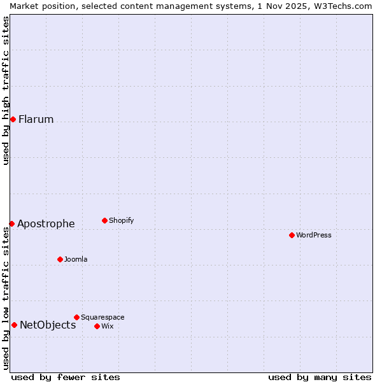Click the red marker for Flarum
point(13,119)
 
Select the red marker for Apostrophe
point(11,223)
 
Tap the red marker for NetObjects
point(14,325)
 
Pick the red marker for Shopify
point(104,220)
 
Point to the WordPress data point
point(292,235)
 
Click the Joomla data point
point(60,259)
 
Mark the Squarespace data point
point(76,317)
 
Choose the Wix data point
point(97,326)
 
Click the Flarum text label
point(36,119)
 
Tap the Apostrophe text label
point(46,223)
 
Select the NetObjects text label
point(48,325)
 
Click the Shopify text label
point(121,220)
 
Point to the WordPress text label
point(314,235)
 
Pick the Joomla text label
point(76,259)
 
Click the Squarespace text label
point(103,317)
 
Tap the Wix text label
point(107,326)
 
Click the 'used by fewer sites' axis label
point(66,377)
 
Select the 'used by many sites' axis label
point(320,377)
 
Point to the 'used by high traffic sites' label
point(6,90)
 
